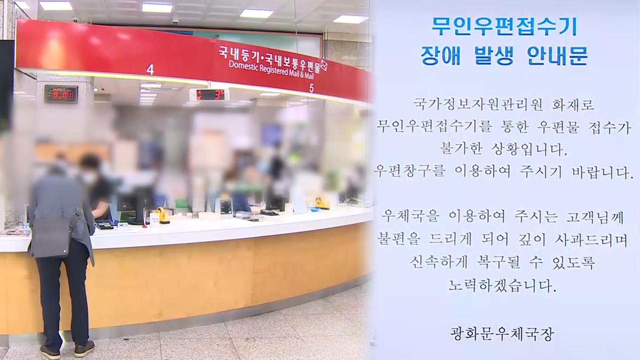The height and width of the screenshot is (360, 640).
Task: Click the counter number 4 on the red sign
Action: coord(150,70)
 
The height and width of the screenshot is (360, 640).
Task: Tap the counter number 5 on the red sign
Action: coord(311,88)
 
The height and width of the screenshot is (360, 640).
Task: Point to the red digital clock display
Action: coord(61,94)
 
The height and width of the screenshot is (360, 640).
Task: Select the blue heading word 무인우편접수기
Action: coord(504,27)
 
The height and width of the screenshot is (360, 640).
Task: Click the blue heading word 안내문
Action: coord(557,55)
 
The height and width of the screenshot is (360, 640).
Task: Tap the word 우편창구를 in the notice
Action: coord(409,172)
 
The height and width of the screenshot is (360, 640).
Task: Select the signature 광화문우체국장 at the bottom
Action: coord(502,334)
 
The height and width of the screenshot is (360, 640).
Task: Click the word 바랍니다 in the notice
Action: coord(602,172)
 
